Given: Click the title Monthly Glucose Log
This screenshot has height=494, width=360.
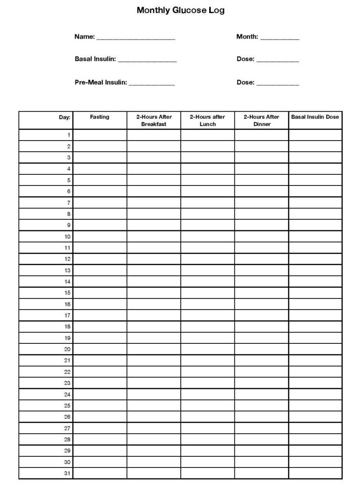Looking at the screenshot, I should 180,10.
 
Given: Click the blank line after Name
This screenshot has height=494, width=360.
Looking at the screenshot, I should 136,38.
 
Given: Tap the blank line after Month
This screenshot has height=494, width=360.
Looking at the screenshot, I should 280,38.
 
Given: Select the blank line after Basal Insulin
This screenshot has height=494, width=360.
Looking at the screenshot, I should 147,60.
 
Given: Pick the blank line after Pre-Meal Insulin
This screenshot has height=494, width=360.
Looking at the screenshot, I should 152,84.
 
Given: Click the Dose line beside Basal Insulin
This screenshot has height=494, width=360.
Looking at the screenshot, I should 277,60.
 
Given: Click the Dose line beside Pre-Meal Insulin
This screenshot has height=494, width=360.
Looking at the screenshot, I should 277,84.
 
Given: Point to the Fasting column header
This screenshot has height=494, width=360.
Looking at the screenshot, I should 100,117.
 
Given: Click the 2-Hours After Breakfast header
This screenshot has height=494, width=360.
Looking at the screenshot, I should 154,120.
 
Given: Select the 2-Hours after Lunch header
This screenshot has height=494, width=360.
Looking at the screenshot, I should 207,120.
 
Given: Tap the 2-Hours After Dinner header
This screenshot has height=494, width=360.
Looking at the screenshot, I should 261,120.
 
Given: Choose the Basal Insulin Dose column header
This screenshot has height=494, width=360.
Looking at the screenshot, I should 315,117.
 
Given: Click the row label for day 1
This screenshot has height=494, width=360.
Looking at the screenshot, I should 69,135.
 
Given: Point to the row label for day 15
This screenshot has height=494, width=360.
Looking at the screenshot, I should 68,293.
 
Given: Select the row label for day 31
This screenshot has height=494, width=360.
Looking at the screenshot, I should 68,473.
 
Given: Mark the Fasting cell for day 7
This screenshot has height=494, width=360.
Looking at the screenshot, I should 100,203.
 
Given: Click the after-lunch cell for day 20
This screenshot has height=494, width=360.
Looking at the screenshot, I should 207,349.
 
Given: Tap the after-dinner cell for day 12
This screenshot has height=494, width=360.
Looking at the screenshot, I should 261,259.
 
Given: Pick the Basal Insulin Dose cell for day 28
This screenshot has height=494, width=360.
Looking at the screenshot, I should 315,439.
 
